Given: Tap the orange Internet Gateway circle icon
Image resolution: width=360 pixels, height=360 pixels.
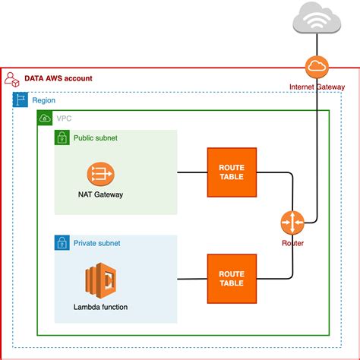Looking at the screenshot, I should click(315, 69).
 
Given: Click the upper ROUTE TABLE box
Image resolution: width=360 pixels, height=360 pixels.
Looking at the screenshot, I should click(231, 172).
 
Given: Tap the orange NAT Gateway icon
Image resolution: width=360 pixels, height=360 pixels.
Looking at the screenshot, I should click(100, 173).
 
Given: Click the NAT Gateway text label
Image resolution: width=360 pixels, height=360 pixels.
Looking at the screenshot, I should click(100, 194).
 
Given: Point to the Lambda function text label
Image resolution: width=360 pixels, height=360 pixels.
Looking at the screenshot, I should click(100, 307).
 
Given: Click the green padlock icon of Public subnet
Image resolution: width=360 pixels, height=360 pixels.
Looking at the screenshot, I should click(62, 138).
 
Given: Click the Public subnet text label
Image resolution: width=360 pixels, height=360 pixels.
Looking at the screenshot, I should click(96, 138).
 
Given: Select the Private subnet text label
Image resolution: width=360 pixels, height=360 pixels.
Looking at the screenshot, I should click(96, 243).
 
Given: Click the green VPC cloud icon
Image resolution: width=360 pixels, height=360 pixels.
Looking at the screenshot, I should click(45, 118).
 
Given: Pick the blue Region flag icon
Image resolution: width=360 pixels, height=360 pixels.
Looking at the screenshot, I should click(21, 100).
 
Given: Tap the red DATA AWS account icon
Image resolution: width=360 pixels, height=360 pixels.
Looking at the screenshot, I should click(11, 79).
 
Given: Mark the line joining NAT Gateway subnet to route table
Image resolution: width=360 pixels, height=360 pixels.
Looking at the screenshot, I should click(192, 172).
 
